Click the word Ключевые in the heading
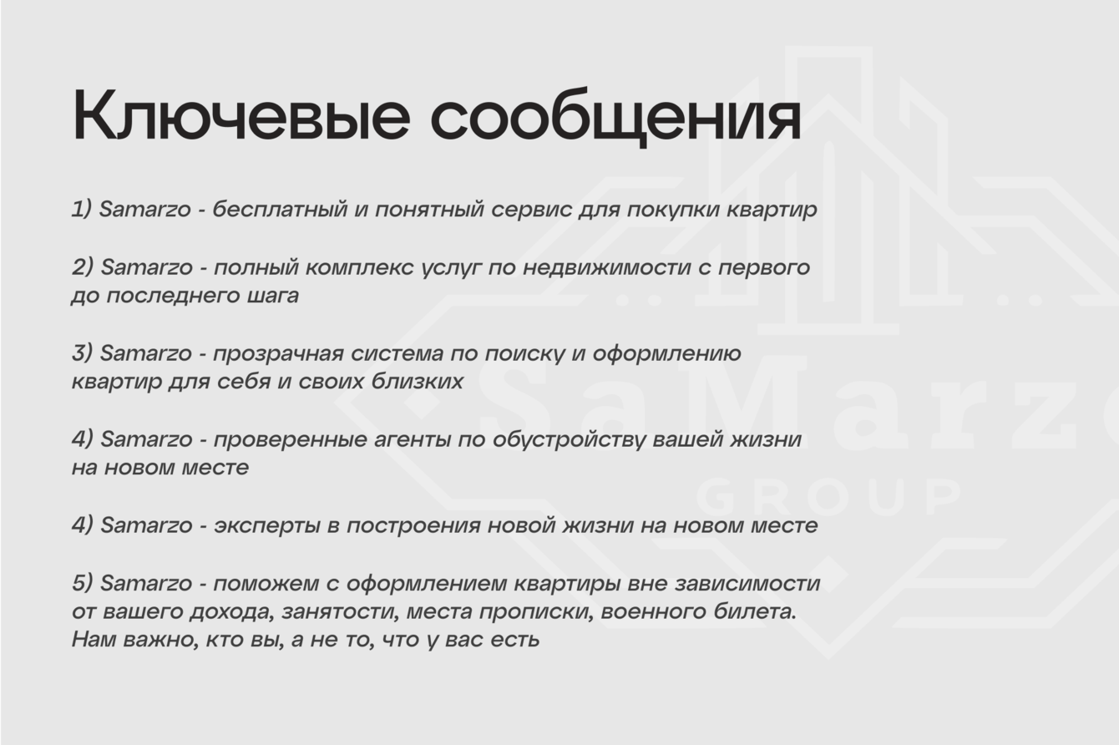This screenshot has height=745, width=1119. pos(241,116)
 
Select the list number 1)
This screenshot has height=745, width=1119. pos(82,209)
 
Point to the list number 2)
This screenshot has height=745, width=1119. pos(83,266)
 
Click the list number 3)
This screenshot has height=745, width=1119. pos(82,352)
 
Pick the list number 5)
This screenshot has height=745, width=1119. pos(82,583)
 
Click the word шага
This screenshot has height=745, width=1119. pos(273,296)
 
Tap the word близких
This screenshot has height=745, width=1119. pos(418,381)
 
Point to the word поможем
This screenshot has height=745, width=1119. pos(266,584)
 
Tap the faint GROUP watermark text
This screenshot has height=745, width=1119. pos(828,497)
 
